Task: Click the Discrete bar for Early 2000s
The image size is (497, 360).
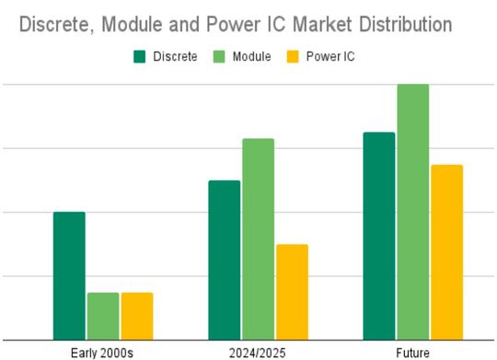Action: click(x=69, y=275)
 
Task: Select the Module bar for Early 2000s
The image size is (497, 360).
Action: click(x=103, y=315)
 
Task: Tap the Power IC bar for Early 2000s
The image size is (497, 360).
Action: click(x=137, y=315)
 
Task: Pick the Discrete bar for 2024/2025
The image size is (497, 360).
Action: click(x=224, y=260)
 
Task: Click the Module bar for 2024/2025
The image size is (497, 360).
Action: click(x=258, y=238)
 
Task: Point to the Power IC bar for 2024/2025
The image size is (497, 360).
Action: click(x=292, y=291)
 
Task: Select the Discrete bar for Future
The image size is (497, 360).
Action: click(x=378, y=236)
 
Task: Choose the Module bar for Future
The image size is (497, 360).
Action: click(x=412, y=212)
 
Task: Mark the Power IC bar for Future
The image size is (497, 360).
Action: click(x=446, y=251)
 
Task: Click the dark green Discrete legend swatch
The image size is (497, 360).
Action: click(x=140, y=57)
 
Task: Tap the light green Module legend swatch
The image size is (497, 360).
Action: click(x=222, y=57)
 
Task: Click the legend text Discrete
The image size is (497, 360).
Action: click(x=175, y=57)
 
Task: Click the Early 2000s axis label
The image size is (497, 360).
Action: click(x=103, y=352)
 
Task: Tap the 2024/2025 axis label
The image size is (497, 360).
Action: click(x=258, y=352)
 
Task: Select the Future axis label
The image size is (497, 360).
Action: click(x=412, y=352)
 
